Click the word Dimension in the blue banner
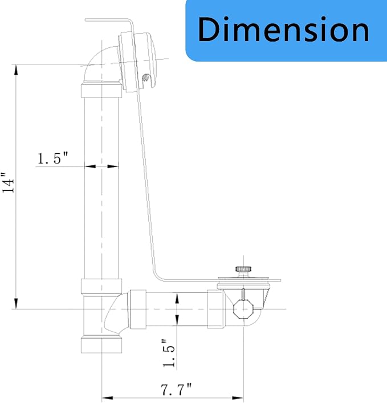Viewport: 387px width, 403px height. [x=283, y=29]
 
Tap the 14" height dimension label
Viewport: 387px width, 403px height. [x=8, y=182]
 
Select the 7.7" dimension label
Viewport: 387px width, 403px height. [x=176, y=390]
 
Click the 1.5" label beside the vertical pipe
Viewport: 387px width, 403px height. [x=53, y=158]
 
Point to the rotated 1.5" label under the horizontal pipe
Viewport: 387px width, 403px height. [x=169, y=353]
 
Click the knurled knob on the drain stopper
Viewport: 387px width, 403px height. [x=243, y=270]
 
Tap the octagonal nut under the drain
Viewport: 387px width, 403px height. [x=243, y=309]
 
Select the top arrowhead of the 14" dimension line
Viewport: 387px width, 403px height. [x=16, y=70]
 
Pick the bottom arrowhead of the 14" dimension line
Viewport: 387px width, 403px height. [x=16, y=303]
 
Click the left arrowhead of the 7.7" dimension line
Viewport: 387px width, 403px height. [x=107, y=398]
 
